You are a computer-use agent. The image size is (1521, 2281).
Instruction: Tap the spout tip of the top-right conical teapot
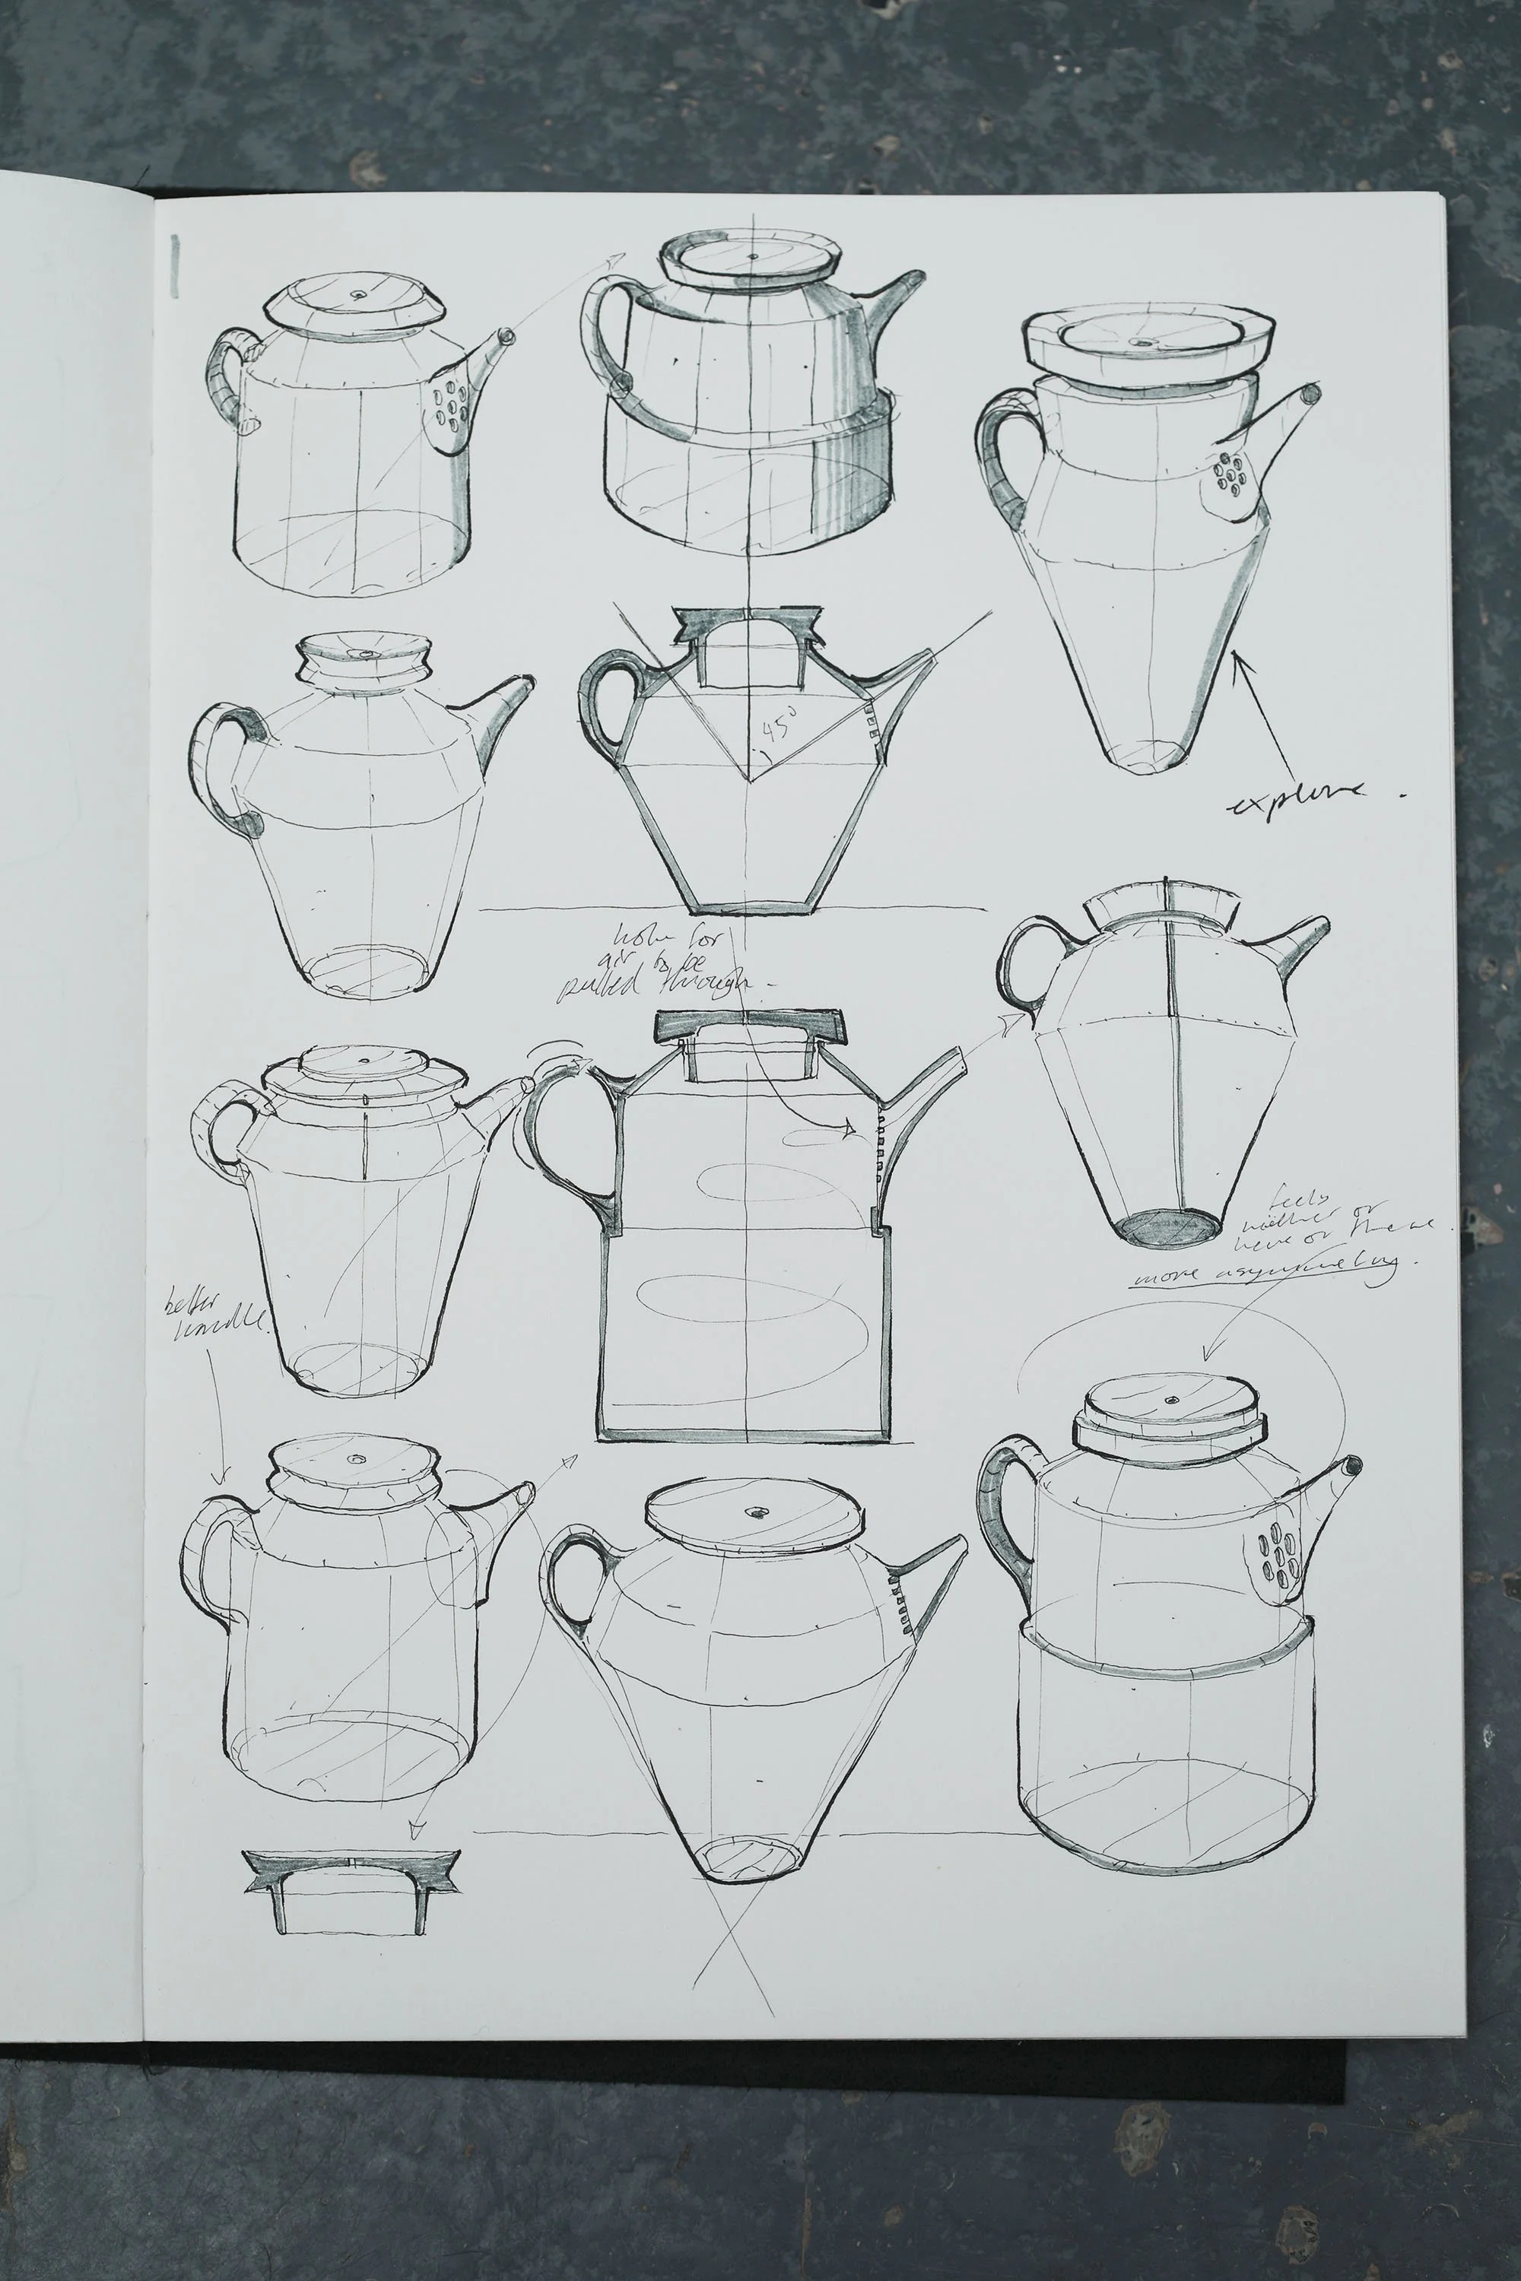click(1311, 394)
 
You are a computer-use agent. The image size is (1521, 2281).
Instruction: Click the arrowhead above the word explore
click(1239, 661)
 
